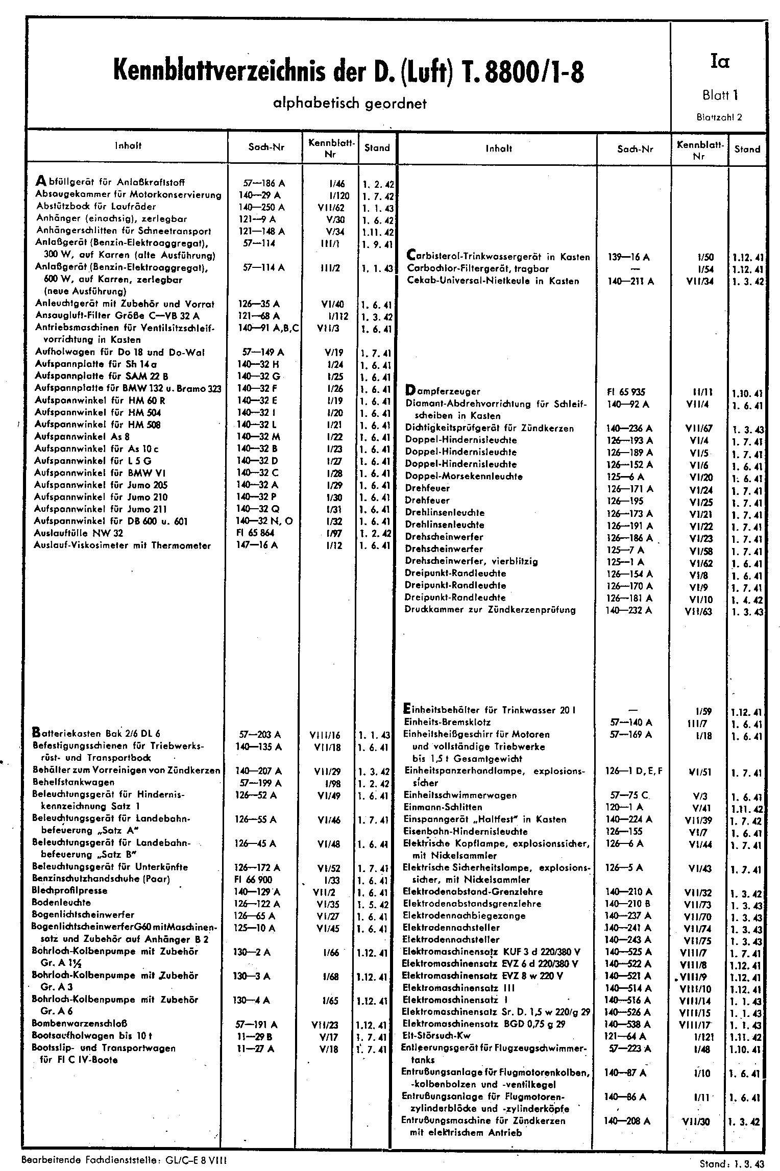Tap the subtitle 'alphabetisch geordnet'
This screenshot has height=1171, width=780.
(x=350, y=104)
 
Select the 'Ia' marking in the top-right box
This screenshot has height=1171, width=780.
(x=719, y=62)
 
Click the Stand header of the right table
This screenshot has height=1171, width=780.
(x=747, y=150)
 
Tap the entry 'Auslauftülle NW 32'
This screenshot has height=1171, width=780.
(x=79, y=533)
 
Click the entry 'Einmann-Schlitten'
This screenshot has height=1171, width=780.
(x=443, y=807)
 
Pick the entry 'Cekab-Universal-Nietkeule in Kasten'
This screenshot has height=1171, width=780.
(x=493, y=281)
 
